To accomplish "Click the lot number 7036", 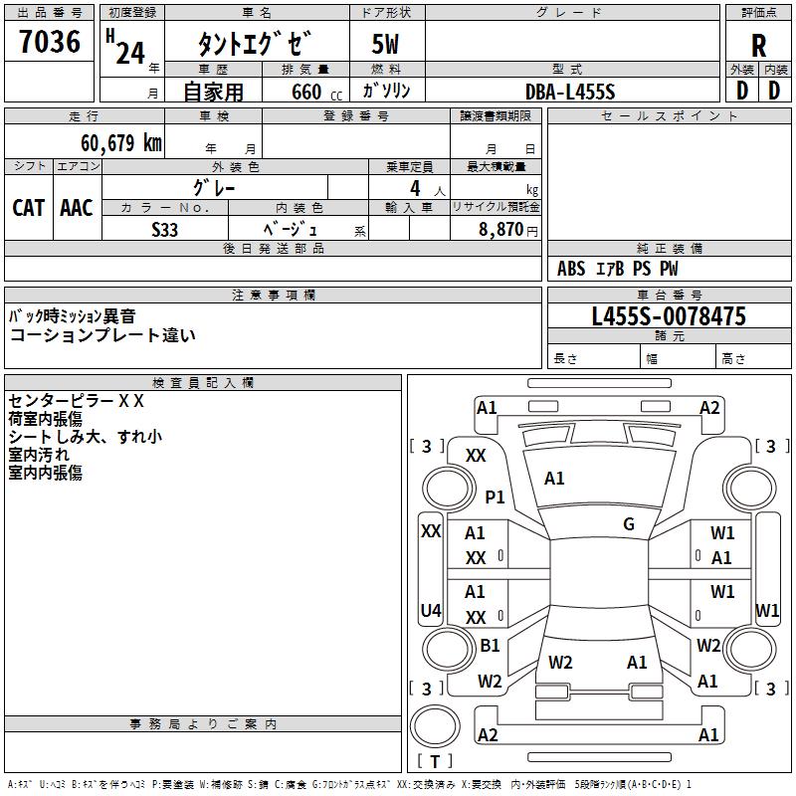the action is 50,42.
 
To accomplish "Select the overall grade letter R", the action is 758,46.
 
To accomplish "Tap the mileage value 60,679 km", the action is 121,143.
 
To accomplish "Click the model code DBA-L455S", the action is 570,92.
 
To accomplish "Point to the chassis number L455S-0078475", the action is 669,316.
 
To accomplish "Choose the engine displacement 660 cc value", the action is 316,93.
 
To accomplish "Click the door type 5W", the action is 385,44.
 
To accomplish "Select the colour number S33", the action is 164,230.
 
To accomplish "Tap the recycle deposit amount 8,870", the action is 500,230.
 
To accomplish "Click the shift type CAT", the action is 29,208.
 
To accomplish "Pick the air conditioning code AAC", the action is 77,208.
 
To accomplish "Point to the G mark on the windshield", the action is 629,524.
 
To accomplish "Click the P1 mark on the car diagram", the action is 495,497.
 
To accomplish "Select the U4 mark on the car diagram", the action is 431,610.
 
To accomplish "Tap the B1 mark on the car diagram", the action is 490,645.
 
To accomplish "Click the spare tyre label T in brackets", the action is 435,761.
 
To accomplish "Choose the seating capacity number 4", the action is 415,188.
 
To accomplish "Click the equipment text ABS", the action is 571,269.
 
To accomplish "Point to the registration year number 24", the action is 130,54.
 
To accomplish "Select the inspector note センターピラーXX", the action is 77,401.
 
